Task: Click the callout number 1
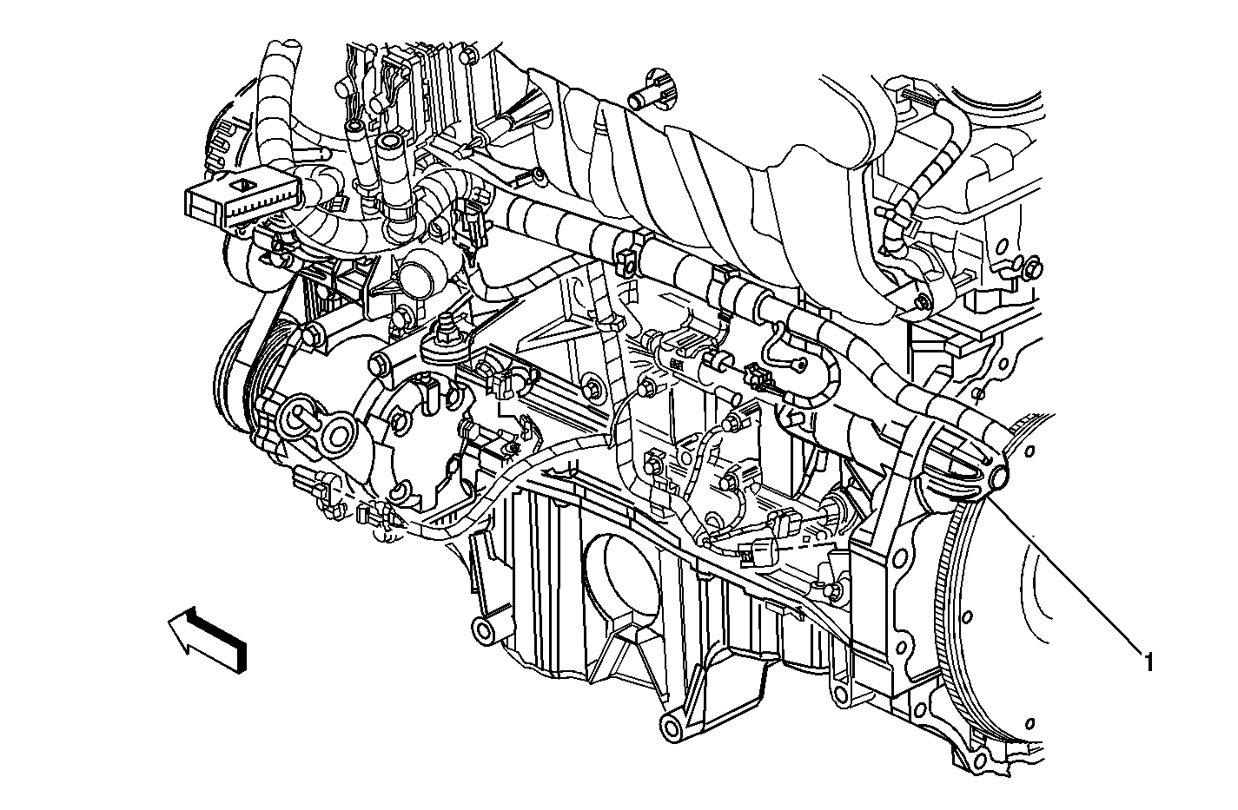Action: coord(1148,663)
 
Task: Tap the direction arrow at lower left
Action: coord(208,640)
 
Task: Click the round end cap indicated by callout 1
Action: coord(996,478)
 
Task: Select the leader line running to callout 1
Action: coord(1069,569)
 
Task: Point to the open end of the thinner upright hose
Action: coord(355,127)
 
